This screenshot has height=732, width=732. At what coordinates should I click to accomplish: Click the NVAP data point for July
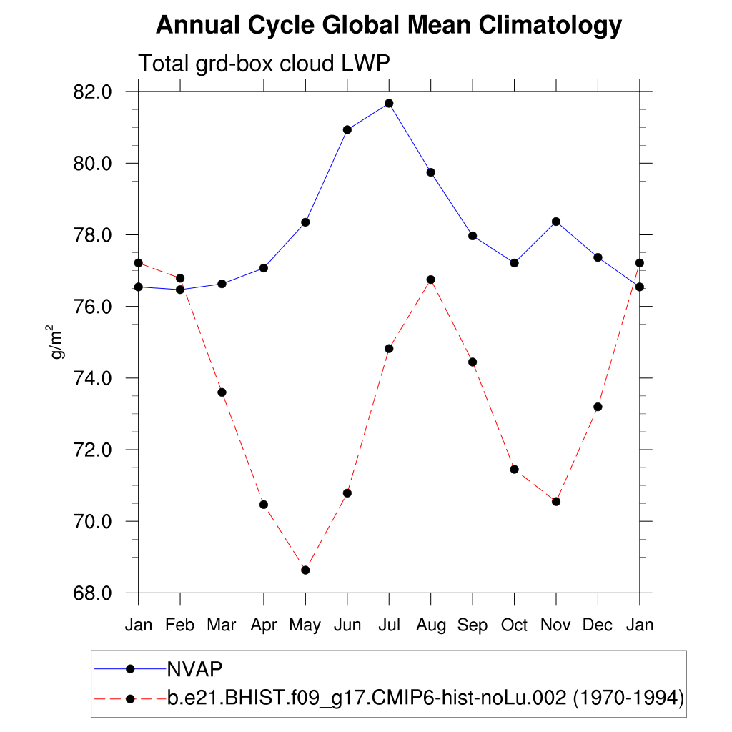pyautogui.click(x=389, y=103)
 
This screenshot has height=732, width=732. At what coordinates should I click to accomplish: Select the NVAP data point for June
pyautogui.click(x=347, y=129)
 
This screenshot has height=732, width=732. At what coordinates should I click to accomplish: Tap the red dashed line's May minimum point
pyautogui.click(x=305, y=570)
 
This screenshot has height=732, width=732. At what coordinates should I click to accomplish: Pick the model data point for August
pyautogui.click(x=430, y=280)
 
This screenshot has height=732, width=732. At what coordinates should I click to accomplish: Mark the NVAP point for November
pyautogui.click(x=556, y=222)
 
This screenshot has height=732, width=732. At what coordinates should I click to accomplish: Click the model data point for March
pyautogui.click(x=222, y=392)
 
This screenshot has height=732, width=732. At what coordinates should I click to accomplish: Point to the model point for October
pyautogui.click(x=514, y=469)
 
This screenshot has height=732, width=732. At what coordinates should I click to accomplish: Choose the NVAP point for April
pyautogui.click(x=264, y=268)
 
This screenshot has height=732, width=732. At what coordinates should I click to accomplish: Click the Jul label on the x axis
pyautogui.click(x=389, y=625)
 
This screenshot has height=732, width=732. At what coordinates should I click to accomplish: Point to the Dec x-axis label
pyautogui.click(x=598, y=625)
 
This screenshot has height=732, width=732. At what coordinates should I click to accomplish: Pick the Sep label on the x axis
pyautogui.click(x=473, y=625)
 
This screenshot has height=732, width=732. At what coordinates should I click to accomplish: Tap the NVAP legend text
pyautogui.click(x=194, y=669)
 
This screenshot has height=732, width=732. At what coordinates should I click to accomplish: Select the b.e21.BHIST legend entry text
pyautogui.click(x=426, y=698)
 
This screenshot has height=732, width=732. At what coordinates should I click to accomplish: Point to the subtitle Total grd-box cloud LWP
pyautogui.click(x=264, y=64)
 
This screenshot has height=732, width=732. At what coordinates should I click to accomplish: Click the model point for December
pyautogui.click(x=598, y=407)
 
